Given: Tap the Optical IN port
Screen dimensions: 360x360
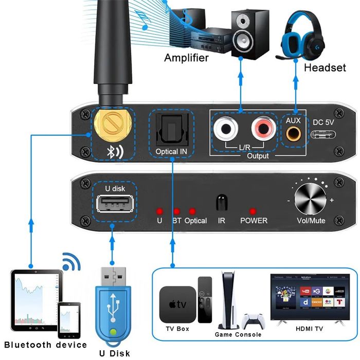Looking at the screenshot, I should [x=171, y=130].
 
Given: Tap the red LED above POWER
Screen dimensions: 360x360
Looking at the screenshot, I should [x=253, y=211].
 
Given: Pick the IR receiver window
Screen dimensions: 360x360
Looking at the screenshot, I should [x=222, y=202].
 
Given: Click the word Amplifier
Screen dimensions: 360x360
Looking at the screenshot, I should [x=186, y=58].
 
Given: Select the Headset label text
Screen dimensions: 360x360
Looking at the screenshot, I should [x=325, y=67].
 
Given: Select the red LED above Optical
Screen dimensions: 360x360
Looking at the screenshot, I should [x=192, y=211].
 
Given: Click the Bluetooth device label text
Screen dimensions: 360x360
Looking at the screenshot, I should [x=45, y=345].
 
